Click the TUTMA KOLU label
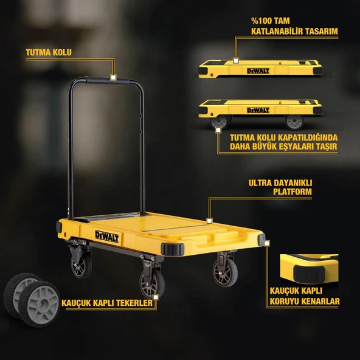[49, 52]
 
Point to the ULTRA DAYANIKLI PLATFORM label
[280, 187]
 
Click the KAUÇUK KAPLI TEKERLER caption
[107, 302]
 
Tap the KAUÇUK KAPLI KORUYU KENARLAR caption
[304, 296]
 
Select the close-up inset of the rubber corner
[308, 268]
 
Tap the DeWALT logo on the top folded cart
[258, 71]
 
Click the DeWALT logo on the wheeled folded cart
[257, 109]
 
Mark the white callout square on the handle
[114, 77]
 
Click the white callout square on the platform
[209, 221]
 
